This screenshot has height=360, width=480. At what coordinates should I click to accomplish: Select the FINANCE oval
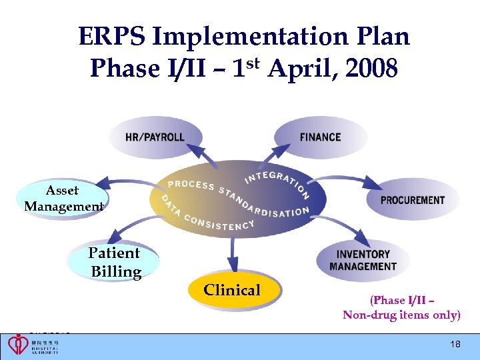(321, 137)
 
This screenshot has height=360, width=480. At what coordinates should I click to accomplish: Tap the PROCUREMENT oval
(413, 200)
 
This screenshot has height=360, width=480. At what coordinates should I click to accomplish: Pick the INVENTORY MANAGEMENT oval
(363, 260)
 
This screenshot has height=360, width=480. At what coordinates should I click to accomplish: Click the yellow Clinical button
(232, 290)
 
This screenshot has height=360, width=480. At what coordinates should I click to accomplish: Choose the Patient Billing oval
(115, 263)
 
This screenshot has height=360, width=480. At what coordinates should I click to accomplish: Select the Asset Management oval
(64, 199)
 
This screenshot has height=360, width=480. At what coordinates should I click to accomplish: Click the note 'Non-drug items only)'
(401, 315)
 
